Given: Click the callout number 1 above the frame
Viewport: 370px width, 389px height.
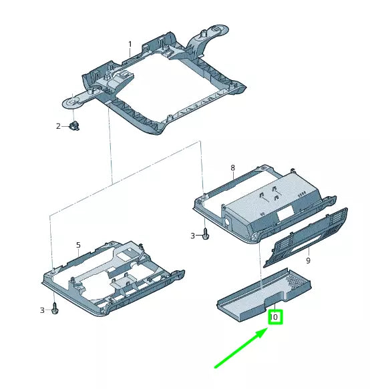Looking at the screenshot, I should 130,45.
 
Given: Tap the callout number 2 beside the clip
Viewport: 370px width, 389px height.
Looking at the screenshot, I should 58,125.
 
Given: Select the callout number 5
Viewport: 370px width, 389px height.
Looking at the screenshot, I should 78,246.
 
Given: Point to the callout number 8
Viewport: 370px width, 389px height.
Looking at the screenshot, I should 232,167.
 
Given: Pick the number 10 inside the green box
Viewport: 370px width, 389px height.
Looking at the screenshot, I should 274,317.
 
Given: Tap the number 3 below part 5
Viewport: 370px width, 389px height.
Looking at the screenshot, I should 42,310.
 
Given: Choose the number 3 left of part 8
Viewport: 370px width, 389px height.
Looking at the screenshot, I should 193,236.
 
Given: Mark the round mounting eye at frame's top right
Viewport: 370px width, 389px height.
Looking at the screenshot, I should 216,29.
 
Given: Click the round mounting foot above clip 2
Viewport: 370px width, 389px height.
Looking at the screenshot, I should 73,103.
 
